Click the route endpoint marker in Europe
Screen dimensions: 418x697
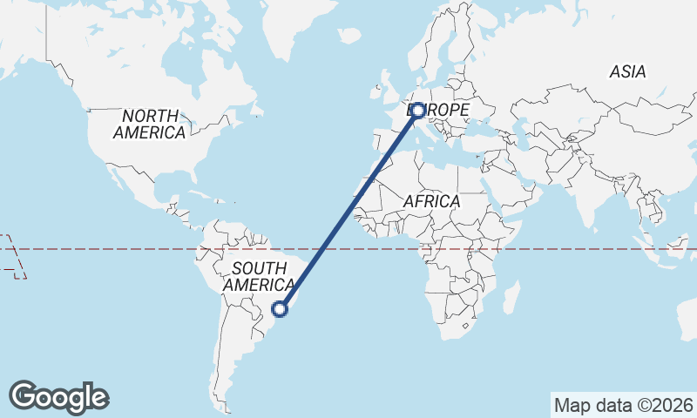point(418,110)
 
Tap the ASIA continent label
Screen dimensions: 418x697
point(627,72)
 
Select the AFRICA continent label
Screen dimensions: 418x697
point(431,201)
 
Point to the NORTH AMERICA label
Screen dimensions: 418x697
point(150,125)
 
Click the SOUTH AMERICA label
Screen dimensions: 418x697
point(258,276)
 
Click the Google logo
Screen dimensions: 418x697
point(59,397)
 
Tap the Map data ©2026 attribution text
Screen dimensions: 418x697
point(623,405)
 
